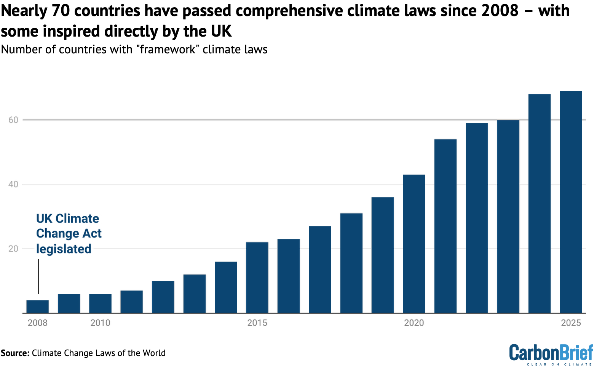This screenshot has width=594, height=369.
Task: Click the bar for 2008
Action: click(x=37, y=306)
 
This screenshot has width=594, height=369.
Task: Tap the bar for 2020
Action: click(x=414, y=244)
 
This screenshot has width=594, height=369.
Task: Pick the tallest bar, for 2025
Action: click(x=571, y=202)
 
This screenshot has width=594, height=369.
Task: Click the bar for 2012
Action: click(x=163, y=297)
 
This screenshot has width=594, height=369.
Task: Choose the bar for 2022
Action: click(x=477, y=218)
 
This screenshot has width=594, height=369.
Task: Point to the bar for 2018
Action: click(x=351, y=263)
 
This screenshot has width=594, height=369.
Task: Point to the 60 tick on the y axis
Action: click(x=13, y=120)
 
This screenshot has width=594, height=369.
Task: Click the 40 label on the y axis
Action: click(x=13, y=184)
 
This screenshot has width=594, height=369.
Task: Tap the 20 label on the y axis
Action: click(x=13, y=249)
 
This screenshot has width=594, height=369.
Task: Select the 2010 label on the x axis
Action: click(x=100, y=323)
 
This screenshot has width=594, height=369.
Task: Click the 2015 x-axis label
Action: click(x=257, y=323)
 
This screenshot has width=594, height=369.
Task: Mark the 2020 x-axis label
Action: click(x=414, y=323)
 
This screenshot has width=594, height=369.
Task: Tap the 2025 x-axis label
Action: click(x=571, y=323)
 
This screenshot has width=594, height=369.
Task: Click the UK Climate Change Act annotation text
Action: click(x=69, y=233)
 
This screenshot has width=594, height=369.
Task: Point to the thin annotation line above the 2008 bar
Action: click(x=38, y=276)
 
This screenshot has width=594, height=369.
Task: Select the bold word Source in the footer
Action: click(x=15, y=353)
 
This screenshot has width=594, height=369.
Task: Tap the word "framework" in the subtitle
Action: click(x=167, y=50)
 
